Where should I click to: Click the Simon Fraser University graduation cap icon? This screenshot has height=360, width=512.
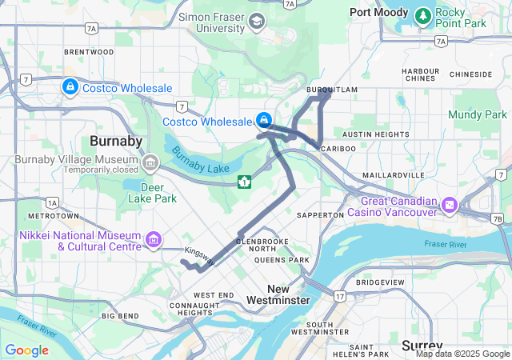(257, 22)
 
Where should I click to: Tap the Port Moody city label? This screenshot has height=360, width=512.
(379, 12)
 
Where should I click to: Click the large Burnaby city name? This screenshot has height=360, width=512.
(116, 141)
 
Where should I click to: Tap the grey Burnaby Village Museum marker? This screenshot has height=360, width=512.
(150, 164)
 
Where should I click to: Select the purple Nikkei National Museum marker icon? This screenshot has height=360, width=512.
(153, 239)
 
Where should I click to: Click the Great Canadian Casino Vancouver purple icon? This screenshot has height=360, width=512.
(450, 206)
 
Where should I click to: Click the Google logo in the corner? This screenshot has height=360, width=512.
(26, 350)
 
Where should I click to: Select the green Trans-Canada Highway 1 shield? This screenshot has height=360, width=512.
(243, 182)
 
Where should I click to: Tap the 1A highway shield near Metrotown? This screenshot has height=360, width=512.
(52, 202)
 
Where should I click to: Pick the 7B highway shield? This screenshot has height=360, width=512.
(497, 218)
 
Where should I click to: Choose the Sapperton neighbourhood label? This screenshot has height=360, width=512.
(320, 215)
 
